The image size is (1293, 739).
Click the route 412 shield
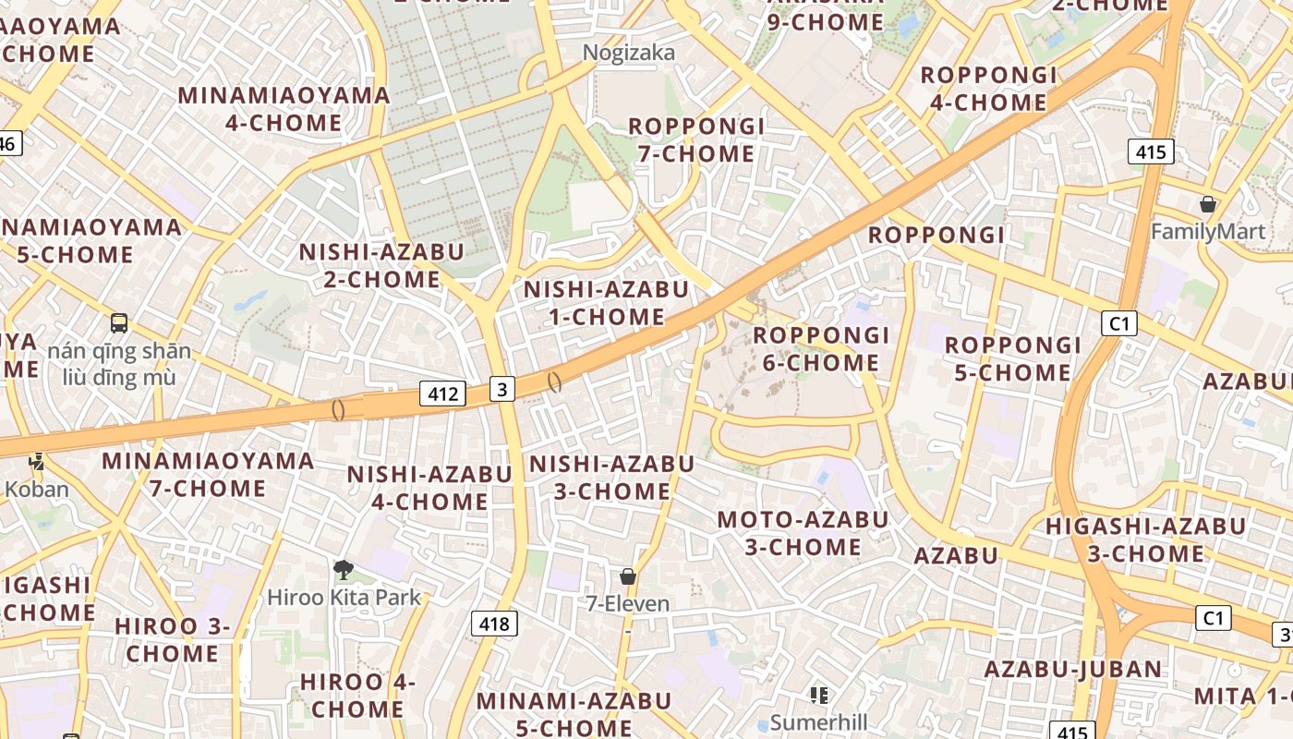[442, 394]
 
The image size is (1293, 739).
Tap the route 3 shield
[501, 389]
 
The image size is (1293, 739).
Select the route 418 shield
[494, 624]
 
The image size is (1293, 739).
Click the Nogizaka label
[628, 54]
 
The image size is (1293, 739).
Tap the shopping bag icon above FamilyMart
[1207, 204]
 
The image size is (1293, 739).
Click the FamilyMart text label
[1207, 231]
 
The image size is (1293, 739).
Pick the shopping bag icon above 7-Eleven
[628, 576]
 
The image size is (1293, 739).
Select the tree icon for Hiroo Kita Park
[344, 569]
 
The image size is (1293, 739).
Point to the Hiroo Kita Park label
[344, 598]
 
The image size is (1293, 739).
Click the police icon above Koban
[37, 461]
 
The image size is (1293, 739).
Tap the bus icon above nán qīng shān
[119, 323]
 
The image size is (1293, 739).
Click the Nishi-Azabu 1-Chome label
[606, 303]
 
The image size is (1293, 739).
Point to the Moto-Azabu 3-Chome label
[803, 533]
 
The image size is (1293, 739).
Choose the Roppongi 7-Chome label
[696, 139]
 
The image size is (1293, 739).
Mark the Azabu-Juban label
[1072, 669]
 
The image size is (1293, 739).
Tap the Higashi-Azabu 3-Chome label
[1145, 540]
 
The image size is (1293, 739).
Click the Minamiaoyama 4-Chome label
[284, 109]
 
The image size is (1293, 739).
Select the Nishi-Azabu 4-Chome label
[429, 488]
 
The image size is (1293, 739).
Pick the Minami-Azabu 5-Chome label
[574, 714]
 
